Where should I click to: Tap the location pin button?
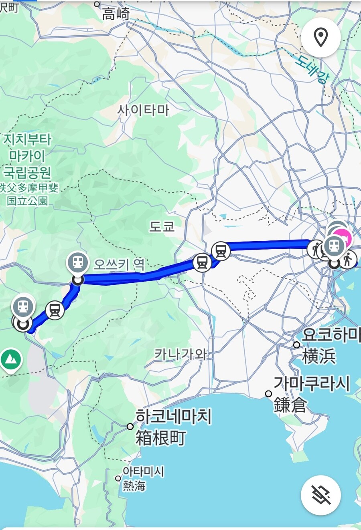click(x=320, y=38)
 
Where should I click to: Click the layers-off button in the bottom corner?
click(x=320, y=495)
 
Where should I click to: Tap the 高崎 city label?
click(x=116, y=14)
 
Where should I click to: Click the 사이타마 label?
click(x=143, y=110)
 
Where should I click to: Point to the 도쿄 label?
click(x=162, y=227)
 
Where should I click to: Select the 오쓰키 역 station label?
click(x=119, y=264)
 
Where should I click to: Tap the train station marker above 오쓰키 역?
click(x=78, y=262)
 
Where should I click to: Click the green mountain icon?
click(x=11, y=360)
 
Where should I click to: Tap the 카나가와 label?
click(x=180, y=354)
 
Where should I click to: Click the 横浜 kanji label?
click(x=319, y=356)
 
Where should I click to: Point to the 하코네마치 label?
click(x=173, y=417)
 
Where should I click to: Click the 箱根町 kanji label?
click(x=160, y=437)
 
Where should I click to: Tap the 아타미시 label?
click(x=143, y=472)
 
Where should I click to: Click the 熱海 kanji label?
click(x=134, y=486)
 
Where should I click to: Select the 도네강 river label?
click(x=311, y=68)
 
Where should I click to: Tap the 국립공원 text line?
click(x=27, y=172)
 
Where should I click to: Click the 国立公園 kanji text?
click(x=27, y=200)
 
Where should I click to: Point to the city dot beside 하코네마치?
click(x=130, y=427)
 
